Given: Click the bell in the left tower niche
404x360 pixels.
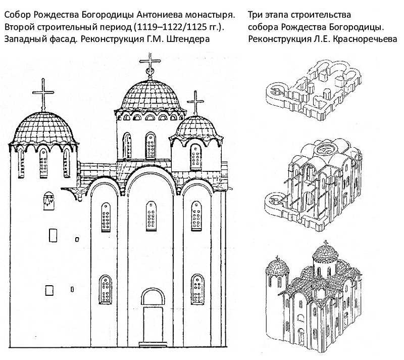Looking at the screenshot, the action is (48, 200).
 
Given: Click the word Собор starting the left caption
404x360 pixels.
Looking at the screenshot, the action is (18, 15).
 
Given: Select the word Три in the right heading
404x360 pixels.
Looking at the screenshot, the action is (255, 15).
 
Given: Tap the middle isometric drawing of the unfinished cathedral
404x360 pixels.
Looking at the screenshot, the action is (314, 185).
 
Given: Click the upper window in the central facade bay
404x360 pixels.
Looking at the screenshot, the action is (151, 216).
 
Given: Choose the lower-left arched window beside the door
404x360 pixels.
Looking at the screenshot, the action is (106, 289).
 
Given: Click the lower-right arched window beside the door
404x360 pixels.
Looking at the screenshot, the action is (197, 289).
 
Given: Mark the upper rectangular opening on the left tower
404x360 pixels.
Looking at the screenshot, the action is (53, 235).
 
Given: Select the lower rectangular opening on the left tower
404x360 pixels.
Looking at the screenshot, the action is (49, 290).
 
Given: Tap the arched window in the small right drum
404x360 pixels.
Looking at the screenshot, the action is (195, 157).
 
